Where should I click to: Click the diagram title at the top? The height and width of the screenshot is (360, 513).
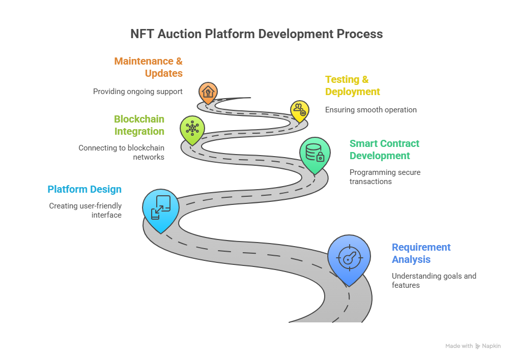[x=256, y=34]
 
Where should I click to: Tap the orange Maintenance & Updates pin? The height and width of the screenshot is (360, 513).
[x=208, y=92]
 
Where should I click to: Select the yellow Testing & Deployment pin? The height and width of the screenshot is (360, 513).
[x=299, y=110]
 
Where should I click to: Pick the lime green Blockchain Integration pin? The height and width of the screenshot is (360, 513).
[x=192, y=128]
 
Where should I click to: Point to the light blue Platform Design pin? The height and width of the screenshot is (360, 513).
[x=161, y=207]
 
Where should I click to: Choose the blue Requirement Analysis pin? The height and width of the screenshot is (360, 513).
[x=348, y=257]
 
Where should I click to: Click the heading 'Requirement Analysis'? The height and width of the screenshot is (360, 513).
[x=421, y=253]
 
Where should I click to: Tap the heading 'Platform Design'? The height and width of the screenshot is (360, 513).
[x=84, y=190]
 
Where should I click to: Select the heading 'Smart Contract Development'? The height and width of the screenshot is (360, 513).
[x=384, y=149]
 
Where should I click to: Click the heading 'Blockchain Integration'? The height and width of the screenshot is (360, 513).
[x=139, y=125]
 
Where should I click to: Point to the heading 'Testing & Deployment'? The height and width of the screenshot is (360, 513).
[x=353, y=85]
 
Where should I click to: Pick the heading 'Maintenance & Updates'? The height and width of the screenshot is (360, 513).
[x=148, y=67]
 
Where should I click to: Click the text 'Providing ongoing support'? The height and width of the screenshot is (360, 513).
[x=137, y=92]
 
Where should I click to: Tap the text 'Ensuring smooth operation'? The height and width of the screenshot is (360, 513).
[x=370, y=110]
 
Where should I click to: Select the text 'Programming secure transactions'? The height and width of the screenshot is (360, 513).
[x=385, y=177]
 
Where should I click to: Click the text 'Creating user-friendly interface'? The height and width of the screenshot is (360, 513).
[x=85, y=211]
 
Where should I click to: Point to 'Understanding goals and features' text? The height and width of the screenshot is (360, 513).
[x=434, y=281]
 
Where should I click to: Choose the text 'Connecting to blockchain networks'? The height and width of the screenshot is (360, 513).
[x=121, y=153]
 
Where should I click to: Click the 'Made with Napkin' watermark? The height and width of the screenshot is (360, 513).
[x=473, y=346]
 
